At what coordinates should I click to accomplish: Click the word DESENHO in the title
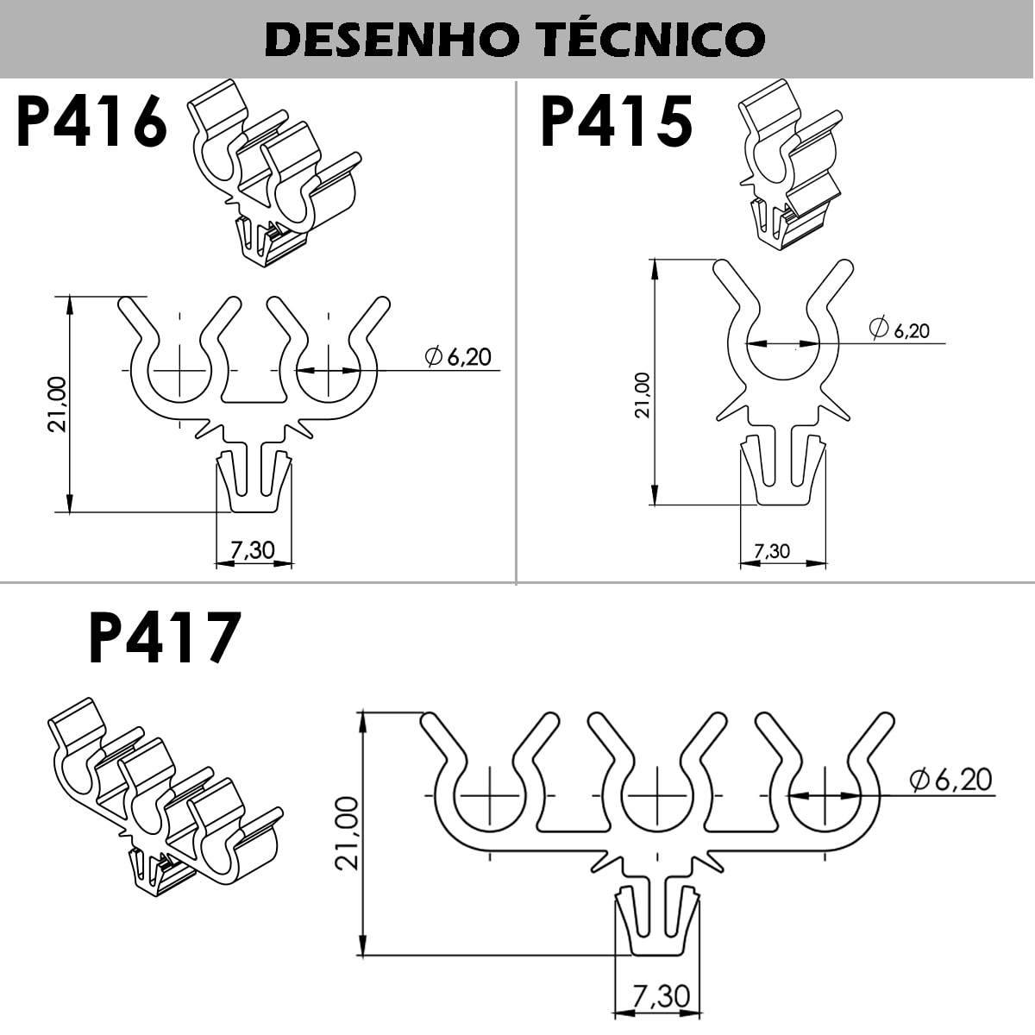(x=392, y=41)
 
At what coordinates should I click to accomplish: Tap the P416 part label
(x=91, y=121)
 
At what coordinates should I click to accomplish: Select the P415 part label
(x=616, y=121)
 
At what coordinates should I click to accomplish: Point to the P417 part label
(x=164, y=637)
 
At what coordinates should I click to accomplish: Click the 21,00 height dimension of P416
(x=57, y=404)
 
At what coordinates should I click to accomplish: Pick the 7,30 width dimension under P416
(x=253, y=550)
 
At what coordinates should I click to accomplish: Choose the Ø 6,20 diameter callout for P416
(x=458, y=356)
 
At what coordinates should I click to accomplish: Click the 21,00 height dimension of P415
(x=643, y=395)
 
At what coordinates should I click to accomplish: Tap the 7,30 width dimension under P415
(x=772, y=551)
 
